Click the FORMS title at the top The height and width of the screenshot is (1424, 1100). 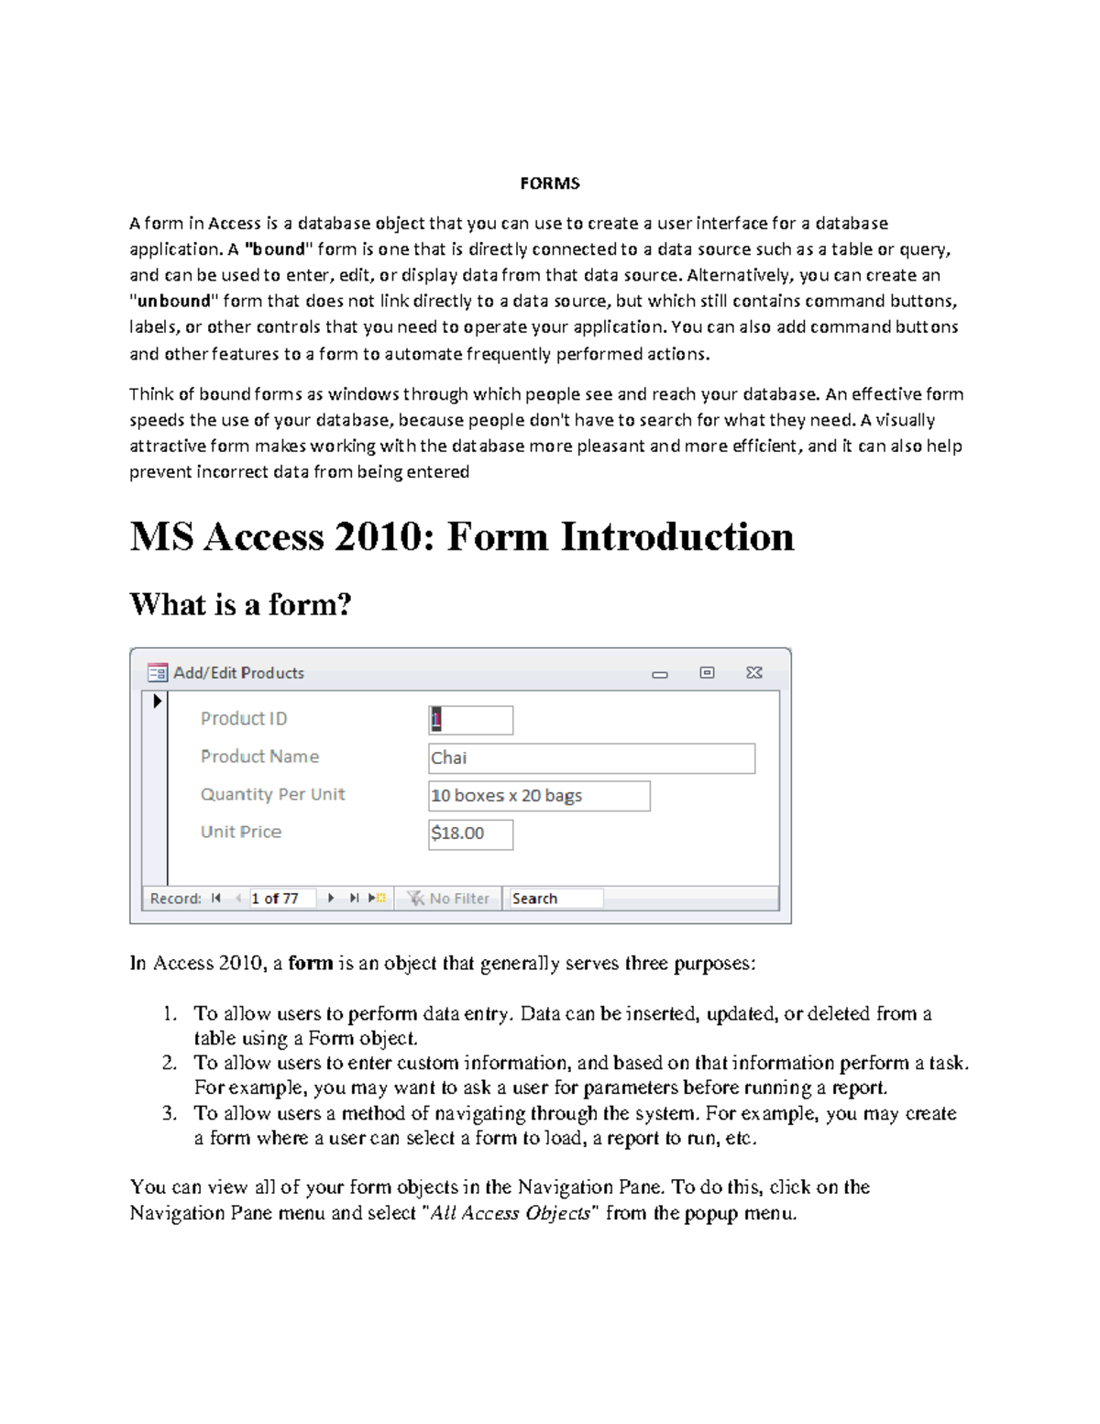point(549,183)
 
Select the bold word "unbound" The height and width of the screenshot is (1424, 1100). point(174,301)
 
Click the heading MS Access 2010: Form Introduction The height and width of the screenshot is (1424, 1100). point(461,536)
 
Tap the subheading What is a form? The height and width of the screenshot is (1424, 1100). point(240,604)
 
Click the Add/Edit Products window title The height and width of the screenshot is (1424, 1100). point(238,673)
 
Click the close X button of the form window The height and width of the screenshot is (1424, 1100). point(753,673)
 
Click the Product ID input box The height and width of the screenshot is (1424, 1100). point(470,720)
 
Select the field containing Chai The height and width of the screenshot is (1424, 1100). point(591,758)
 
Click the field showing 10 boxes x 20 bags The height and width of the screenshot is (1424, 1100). point(539,796)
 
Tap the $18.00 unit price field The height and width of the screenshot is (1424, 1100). point(470,833)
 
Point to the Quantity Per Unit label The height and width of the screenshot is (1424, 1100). point(272,794)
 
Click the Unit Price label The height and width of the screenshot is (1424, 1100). point(241,832)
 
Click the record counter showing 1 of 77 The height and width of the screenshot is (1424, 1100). point(280,899)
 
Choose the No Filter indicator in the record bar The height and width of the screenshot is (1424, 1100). point(449,899)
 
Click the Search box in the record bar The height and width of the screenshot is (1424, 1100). point(555,899)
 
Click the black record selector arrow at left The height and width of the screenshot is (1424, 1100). point(157,701)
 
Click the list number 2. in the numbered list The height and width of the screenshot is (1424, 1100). point(170,1063)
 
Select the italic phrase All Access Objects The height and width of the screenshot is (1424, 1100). point(511,1213)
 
